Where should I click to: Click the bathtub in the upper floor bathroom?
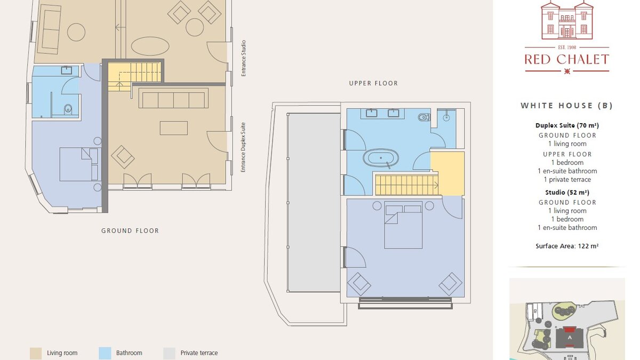click(x=381, y=158)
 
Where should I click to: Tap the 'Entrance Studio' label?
click(x=243, y=58)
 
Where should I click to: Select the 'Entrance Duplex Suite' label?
click(x=243, y=147)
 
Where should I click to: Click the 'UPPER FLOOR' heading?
click(x=373, y=83)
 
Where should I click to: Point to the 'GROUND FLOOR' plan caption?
click(x=130, y=230)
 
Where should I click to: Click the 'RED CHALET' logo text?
click(x=567, y=59)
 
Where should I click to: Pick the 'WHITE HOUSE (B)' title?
click(x=567, y=106)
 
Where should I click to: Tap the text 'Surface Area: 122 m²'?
click(x=567, y=246)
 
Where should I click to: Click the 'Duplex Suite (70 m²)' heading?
click(x=567, y=125)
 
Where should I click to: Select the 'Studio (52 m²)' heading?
click(x=567, y=193)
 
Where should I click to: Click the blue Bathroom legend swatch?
click(x=105, y=353)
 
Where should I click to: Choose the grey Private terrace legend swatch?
click(x=169, y=353)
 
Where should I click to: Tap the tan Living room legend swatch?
click(x=36, y=353)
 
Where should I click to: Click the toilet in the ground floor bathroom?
click(x=68, y=109)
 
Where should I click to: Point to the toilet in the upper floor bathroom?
click(x=423, y=117)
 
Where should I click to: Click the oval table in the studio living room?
click(x=150, y=46)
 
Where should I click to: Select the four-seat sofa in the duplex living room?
click(x=173, y=98)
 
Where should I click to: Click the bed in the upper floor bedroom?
click(x=403, y=225)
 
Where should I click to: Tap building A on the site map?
click(x=570, y=338)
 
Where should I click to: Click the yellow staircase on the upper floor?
click(x=406, y=185)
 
